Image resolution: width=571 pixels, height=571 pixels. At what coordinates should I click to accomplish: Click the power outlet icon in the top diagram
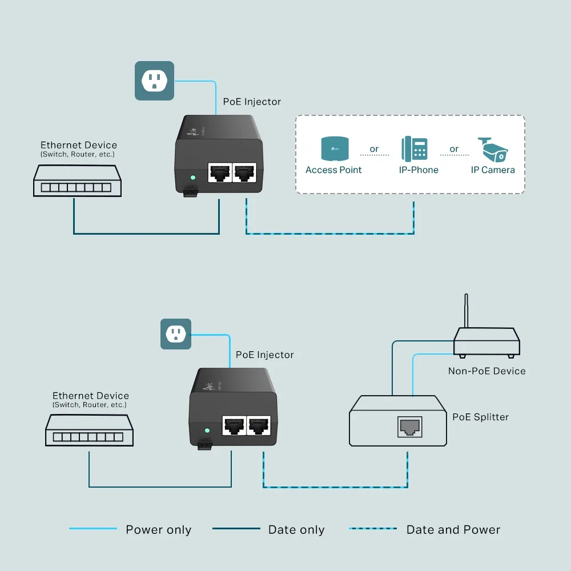point(154,81)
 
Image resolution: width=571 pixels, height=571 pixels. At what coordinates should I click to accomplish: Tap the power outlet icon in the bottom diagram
point(176,334)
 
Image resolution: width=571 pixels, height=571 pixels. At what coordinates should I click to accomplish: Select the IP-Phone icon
point(415,148)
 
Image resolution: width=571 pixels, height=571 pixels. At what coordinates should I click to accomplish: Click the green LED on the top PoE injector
point(193,178)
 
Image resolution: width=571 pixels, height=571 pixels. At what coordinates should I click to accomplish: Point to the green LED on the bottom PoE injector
point(207,430)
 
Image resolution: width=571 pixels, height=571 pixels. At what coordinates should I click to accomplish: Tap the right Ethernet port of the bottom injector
point(258,425)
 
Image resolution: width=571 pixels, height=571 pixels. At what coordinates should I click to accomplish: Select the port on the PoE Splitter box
point(409,426)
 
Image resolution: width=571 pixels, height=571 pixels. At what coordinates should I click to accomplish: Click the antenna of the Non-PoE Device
point(467,311)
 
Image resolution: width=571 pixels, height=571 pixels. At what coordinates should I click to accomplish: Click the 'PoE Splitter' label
point(480,417)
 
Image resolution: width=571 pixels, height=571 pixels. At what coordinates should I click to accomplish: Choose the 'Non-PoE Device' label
point(486,371)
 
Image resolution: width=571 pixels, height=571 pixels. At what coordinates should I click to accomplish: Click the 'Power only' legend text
point(158,530)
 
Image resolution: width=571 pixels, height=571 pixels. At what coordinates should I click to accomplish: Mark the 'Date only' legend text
point(296,530)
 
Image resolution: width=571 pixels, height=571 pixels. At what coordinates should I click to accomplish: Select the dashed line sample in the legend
point(373,529)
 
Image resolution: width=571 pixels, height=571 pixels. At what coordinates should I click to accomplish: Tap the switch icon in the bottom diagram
point(90,430)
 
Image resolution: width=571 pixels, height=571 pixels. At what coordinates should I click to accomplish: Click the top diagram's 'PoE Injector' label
point(252,102)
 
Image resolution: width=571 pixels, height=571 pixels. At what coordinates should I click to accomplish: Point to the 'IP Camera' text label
point(492,170)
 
